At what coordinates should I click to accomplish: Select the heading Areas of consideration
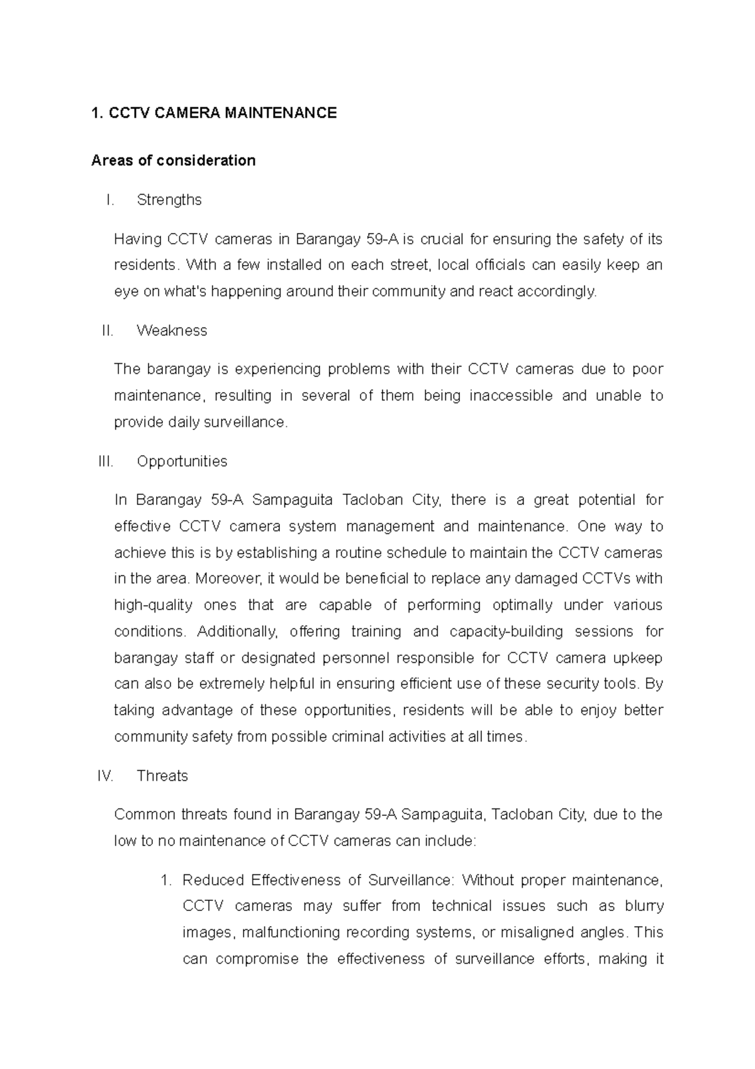pyautogui.click(x=173, y=161)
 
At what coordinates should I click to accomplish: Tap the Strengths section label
pyautogui.click(x=169, y=200)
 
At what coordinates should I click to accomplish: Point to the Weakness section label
pyautogui.click(x=172, y=331)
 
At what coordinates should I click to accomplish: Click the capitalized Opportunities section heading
pyautogui.click(x=182, y=461)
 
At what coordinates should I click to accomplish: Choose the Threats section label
pyautogui.click(x=162, y=776)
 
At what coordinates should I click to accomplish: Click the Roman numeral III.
pyautogui.click(x=106, y=461)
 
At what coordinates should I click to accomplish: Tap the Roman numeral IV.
pyautogui.click(x=105, y=776)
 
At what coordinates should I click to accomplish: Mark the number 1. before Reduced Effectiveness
pyautogui.click(x=166, y=880)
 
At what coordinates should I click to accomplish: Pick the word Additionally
pyautogui.click(x=237, y=631)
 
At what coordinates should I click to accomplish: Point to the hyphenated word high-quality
pyautogui.click(x=153, y=606)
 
